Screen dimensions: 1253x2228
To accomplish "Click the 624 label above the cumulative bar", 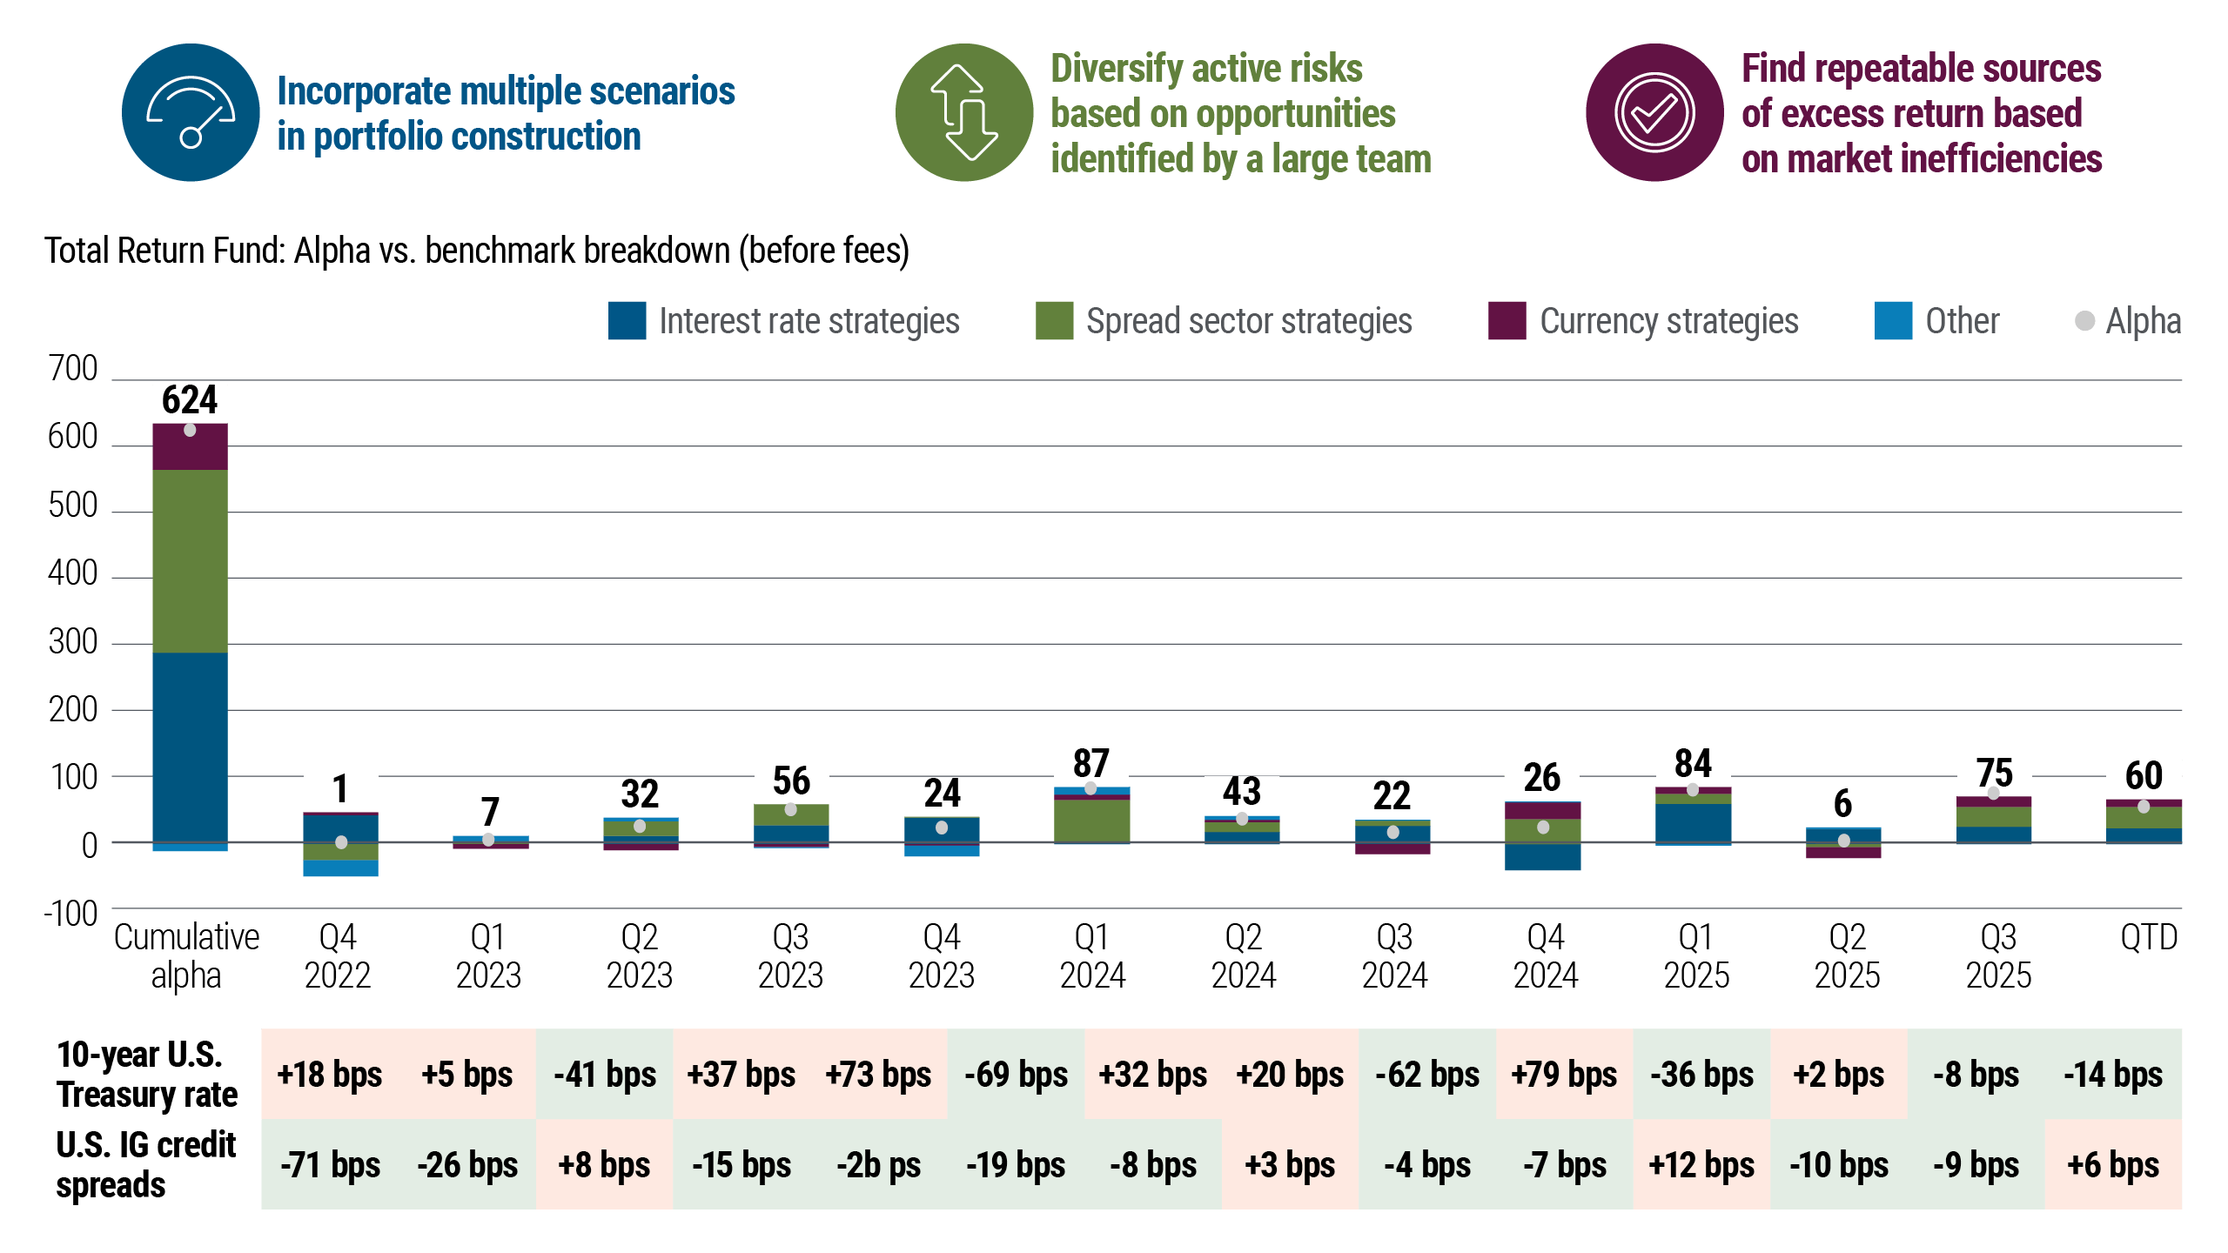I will pos(190,401).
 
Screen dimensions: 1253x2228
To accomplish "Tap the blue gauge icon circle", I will pos(191,113).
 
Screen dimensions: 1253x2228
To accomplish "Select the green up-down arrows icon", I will pos(963,113).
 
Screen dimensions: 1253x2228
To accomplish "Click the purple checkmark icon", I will pos(1654,113).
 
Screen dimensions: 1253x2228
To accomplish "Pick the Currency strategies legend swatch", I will pos(1507,321).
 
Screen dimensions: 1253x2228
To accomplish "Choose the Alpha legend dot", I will pos(2084,321).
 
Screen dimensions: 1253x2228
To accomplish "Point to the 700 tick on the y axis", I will pos(73,369).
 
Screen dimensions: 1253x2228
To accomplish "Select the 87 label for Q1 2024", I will pos(1091,765).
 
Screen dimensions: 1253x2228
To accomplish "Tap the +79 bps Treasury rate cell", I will pos(1564,1075).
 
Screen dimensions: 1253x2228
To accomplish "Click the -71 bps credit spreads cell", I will pos(330,1165).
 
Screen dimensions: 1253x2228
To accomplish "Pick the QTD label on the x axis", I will pos(2148,938).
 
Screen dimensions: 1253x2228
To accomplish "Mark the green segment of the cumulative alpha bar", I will pos(190,561).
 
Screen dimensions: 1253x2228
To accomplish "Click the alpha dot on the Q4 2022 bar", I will pos(341,842).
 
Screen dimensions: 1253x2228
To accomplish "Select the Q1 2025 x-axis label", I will pos(1696,956).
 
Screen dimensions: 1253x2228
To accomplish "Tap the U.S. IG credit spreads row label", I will pos(145,1165).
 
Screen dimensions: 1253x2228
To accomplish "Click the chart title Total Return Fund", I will pos(476,251).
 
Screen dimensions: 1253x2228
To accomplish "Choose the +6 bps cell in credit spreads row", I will pos(2113,1165).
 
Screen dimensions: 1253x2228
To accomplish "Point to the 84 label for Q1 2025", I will pos(1693,765).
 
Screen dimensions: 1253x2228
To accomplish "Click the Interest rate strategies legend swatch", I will pos(627,321).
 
